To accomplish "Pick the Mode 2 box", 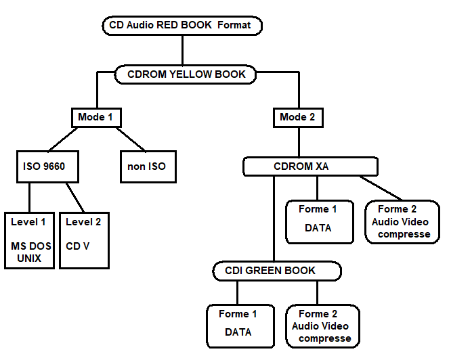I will click(298, 117).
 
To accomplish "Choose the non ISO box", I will click(147, 166).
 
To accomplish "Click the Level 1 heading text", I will click(29, 221).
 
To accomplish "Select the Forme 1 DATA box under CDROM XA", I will click(318, 221).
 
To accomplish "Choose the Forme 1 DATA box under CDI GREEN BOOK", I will click(238, 325).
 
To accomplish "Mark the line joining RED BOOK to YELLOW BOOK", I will click(183, 50).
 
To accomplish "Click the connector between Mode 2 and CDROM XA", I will click(299, 142).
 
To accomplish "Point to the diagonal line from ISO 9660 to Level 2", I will click(74, 198).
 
